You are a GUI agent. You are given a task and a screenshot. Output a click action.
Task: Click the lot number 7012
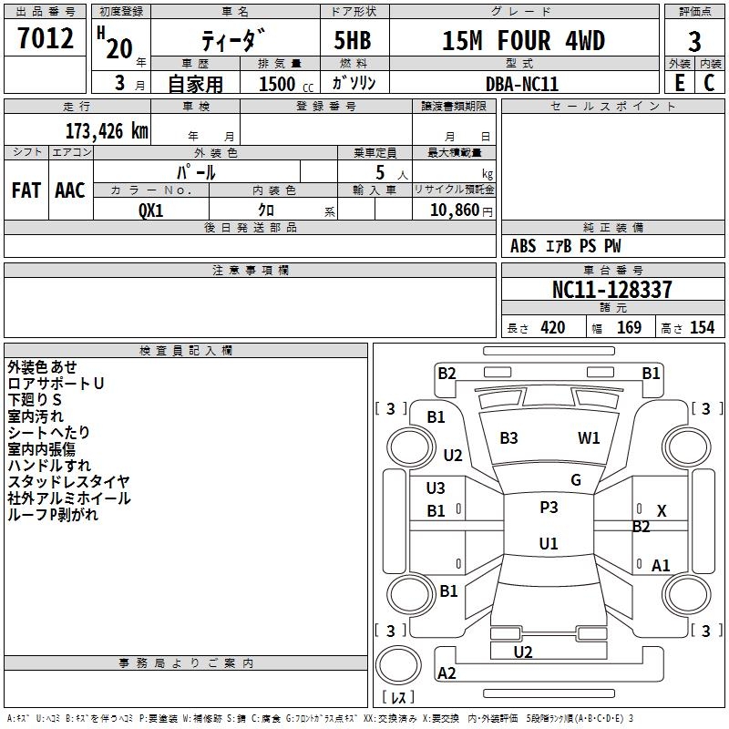(46, 38)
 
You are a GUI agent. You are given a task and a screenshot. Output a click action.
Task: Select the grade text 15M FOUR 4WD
(523, 40)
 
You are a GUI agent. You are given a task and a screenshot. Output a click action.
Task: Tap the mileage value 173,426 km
(107, 131)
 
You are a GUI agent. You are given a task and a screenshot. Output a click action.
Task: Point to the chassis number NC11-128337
(611, 289)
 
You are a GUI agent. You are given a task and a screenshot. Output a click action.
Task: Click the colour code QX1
(151, 210)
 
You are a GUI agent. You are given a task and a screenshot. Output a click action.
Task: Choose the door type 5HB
(353, 40)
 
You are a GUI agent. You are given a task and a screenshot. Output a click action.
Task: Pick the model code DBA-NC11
(521, 84)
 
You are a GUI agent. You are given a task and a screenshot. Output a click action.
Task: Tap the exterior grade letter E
(679, 83)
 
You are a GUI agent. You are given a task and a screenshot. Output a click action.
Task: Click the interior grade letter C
(709, 83)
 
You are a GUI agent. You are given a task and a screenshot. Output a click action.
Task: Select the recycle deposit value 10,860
(454, 210)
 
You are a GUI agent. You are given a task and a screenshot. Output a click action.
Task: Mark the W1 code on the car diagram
(589, 438)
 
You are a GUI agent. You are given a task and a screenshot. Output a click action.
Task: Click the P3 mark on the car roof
(549, 508)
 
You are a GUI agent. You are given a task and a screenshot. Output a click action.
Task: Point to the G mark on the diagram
(576, 480)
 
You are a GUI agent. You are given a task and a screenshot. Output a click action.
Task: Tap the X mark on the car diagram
(662, 511)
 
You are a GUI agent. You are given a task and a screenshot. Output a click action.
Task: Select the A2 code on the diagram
(447, 673)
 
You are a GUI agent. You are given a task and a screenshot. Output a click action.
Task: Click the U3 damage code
(436, 488)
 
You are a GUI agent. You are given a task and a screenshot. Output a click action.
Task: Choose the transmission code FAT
(26, 190)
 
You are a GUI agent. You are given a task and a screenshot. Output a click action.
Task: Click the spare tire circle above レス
(398, 664)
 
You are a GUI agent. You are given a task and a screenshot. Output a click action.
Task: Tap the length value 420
(552, 328)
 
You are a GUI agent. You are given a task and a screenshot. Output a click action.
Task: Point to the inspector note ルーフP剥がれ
(53, 514)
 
